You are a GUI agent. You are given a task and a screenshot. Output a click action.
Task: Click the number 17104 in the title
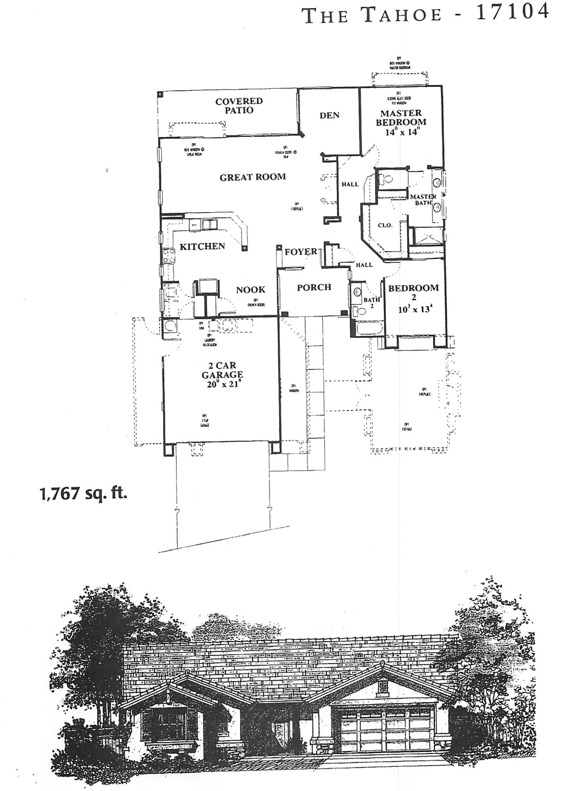point(512,12)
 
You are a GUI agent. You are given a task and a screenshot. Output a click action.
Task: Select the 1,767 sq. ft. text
point(83,494)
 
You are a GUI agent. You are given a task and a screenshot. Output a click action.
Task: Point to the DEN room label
point(329,115)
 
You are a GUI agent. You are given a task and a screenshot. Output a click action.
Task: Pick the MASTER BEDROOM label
point(401,118)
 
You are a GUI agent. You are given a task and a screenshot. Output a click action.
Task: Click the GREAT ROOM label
point(253,177)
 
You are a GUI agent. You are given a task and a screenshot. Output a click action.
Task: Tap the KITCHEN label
point(202,246)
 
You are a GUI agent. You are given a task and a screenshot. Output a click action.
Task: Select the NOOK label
point(251,290)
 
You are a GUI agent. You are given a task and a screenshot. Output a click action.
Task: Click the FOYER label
point(300,252)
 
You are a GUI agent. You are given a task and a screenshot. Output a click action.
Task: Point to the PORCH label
point(314,287)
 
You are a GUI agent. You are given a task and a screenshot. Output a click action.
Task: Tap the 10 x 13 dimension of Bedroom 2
point(414,309)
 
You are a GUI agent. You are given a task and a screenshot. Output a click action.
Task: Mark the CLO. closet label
point(385,225)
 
